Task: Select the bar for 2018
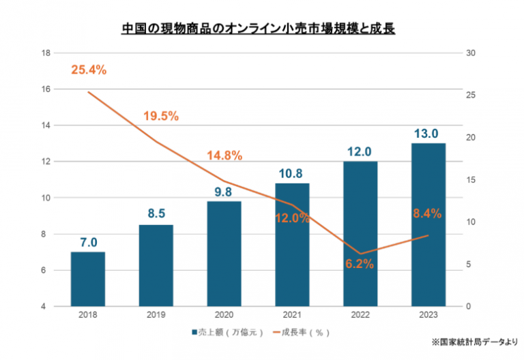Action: click(x=88, y=279)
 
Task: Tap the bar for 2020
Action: click(x=224, y=254)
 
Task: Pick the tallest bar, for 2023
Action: click(x=428, y=224)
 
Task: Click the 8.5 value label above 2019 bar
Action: click(x=156, y=213)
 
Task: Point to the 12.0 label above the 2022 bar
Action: click(x=360, y=151)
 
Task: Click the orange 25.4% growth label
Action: click(x=89, y=70)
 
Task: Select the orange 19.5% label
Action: click(x=161, y=116)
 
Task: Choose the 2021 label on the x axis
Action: click(x=292, y=316)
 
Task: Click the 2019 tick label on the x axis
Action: click(x=156, y=316)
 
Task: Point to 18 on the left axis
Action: click(x=46, y=53)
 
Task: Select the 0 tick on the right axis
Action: click(x=470, y=307)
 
